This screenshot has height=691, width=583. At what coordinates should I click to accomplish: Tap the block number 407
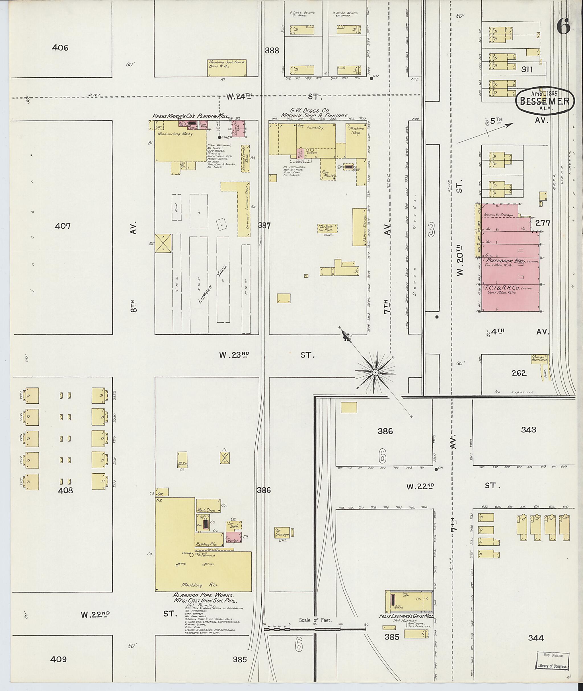tap(62, 226)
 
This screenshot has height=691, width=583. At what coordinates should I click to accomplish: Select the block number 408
tap(65, 490)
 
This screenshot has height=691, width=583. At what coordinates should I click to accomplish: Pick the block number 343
tap(528, 430)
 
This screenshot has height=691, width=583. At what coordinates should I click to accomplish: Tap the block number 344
tap(536, 638)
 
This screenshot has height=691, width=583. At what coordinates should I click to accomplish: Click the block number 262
tap(519, 373)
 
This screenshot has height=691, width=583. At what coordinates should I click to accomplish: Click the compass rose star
tap(375, 373)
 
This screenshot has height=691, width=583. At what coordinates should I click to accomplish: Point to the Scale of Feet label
tap(315, 620)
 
